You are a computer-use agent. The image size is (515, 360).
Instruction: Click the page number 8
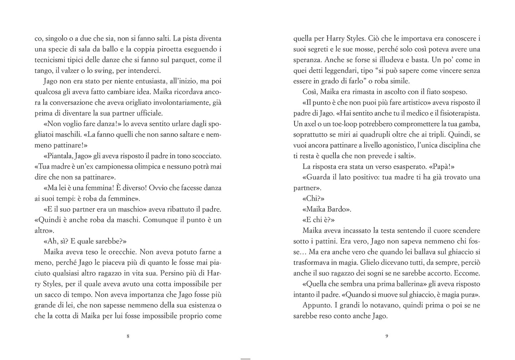tap(128, 336)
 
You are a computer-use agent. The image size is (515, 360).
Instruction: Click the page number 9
tap(387, 336)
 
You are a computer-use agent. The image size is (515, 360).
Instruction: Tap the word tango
tap(44, 71)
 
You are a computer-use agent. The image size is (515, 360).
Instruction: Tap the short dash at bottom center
tap(246, 359)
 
